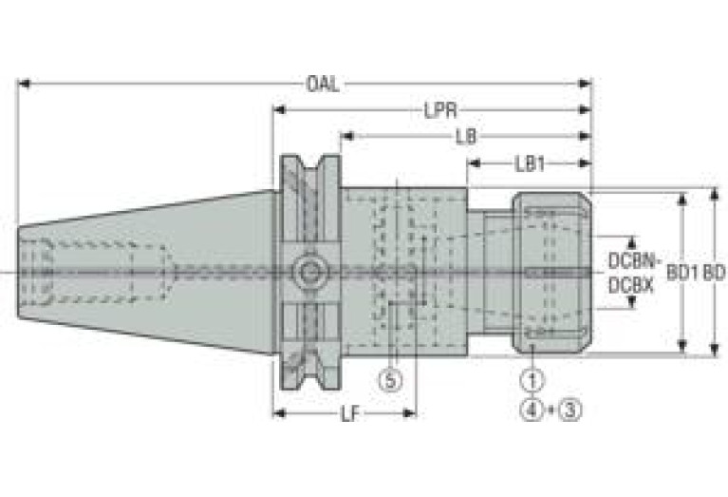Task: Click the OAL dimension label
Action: [323, 85]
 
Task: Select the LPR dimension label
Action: [440, 110]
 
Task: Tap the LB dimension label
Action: [466, 137]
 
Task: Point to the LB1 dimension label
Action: [530, 163]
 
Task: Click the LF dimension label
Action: [350, 413]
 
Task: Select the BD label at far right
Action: [714, 274]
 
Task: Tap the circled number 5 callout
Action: [390, 380]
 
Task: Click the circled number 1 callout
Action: [532, 380]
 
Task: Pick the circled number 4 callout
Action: [532, 410]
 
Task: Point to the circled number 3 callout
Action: [570, 410]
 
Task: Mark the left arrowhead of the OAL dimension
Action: [24, 84]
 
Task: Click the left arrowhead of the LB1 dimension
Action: [474, 163]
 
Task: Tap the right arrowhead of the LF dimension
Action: [409, 412]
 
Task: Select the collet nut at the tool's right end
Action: [551, 273]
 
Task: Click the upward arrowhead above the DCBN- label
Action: [632, 243]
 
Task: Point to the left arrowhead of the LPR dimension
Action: [279, 110]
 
